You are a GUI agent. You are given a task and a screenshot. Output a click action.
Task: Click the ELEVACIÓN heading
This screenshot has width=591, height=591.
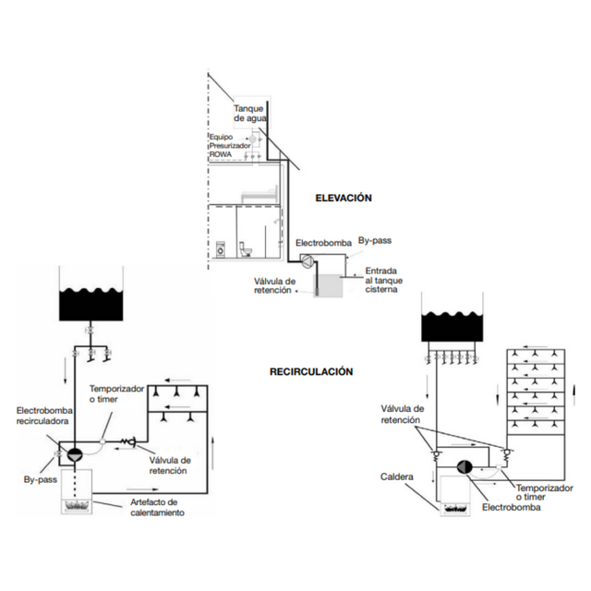pos(344,198)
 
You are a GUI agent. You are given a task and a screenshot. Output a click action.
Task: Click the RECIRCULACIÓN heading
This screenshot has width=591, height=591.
pos(311,371)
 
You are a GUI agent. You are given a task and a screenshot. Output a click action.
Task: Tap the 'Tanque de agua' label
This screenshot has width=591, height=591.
pos(250,114)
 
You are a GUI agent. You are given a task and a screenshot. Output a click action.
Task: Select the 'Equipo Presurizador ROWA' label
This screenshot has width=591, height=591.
pos(230,146)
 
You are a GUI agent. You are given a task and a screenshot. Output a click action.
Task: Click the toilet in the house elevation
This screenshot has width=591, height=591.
pos(245,249)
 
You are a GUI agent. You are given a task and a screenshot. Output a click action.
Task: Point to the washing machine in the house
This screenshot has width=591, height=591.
pos(220,249)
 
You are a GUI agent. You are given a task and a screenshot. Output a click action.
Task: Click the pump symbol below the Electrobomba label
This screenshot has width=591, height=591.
pos(307,261)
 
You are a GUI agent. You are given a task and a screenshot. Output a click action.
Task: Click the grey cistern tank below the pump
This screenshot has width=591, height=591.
pos(328,285)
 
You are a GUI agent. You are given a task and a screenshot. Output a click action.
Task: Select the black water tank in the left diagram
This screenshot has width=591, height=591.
pos(91,305)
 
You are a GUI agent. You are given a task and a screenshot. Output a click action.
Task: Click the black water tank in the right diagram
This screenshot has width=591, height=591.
pos(452,326)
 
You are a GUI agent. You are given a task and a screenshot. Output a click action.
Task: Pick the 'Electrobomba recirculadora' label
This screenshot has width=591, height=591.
pos(44,416)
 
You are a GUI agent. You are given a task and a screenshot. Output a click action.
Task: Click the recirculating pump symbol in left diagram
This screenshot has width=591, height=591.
pos(75,455)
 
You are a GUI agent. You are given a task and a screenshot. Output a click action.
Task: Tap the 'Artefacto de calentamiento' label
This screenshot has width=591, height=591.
pos(158,507)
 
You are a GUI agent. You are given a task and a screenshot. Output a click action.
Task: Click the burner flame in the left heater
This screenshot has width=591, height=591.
pos(77,505)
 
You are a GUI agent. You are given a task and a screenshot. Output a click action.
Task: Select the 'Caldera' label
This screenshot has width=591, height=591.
pos(397,476)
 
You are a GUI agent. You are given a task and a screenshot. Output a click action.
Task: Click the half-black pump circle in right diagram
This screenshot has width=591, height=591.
pos(464,467)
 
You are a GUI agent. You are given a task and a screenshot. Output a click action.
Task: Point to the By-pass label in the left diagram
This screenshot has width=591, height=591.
pos(41,480)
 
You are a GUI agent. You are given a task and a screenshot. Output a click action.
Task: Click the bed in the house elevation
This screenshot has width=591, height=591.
pos(260,195)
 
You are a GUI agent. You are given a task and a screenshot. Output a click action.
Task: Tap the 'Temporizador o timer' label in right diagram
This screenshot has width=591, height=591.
pos(544,492)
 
